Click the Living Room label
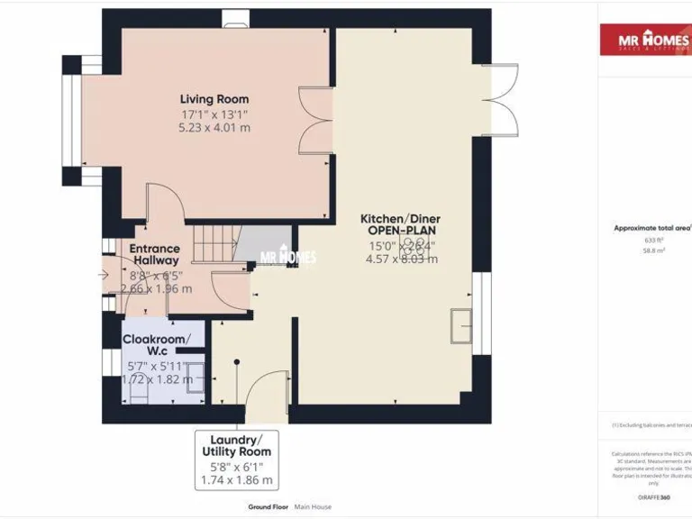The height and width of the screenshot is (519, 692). pyautogui.click(x=214, y=99)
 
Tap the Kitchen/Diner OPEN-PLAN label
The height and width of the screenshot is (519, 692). pyautogui.click(x=400, y=224)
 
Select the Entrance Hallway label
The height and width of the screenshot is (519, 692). pyautogui.click(x=154, y=254)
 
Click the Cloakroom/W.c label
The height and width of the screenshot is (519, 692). pyautogui.click(x=157, y=345)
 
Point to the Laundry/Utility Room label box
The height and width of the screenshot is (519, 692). pyautogui.click(x=236, y=460)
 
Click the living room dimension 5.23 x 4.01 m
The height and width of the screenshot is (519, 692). pyautogui.click(x=214, y=128)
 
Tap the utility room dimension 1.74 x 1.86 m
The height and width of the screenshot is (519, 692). pyautogui.click(x=236, y=480)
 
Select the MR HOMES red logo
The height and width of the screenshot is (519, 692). pyautogui.click(x=645, y=40)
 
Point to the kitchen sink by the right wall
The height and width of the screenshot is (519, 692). pyautogui.click(x=461, y=325)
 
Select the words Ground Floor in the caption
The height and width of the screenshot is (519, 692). pyautogui.click(x=269, y=506)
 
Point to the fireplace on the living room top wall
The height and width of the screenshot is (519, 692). pyautogui.click(x=236, y=14)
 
